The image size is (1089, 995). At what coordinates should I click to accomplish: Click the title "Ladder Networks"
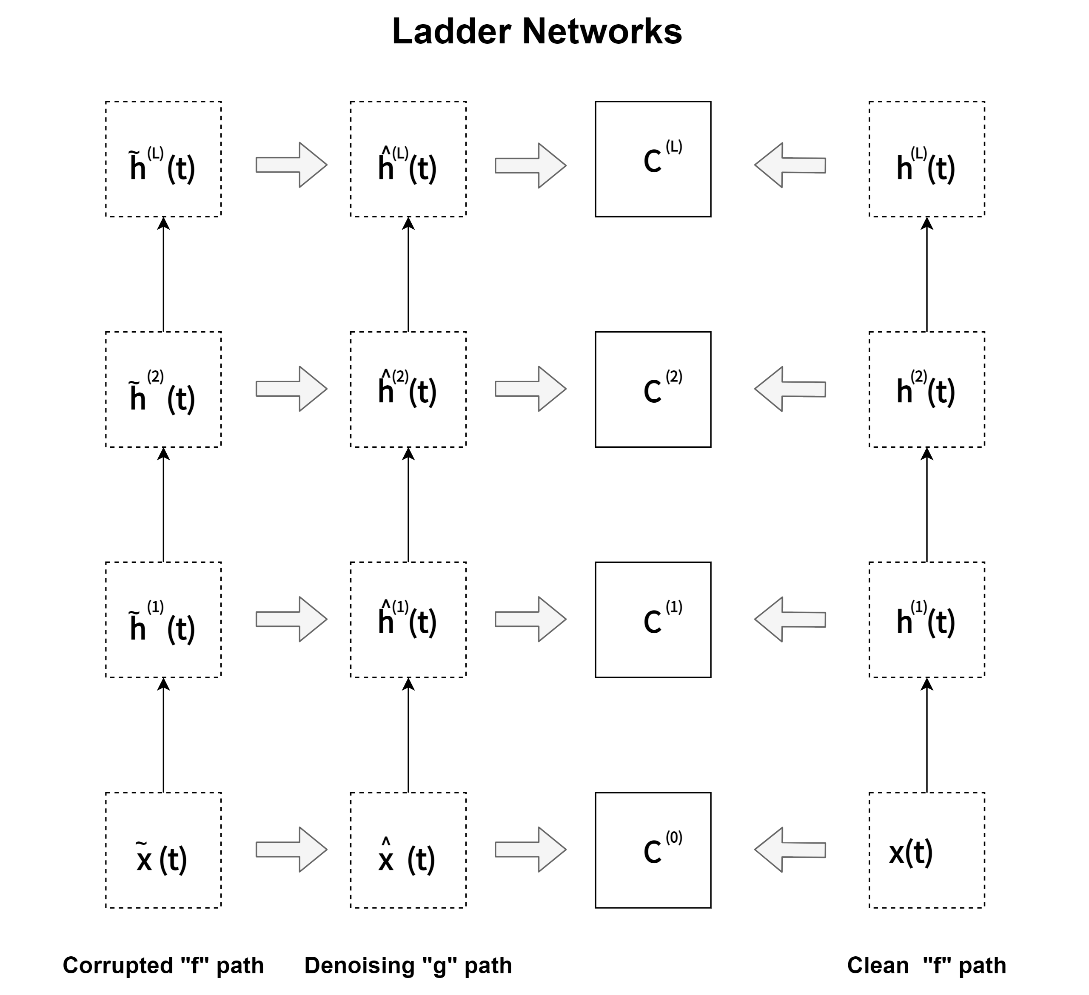537,31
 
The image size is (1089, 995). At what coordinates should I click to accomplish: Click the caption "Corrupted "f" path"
163,966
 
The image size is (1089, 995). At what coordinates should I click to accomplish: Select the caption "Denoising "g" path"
408,966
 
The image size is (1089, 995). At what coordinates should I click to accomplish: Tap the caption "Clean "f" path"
927,966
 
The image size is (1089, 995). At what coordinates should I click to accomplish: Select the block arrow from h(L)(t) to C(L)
790,165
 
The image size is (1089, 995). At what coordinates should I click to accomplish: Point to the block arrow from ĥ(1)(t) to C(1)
530,619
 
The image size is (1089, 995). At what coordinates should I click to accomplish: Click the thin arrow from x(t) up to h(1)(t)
927,735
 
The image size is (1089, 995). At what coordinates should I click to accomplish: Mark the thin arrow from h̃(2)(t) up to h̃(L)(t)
163,274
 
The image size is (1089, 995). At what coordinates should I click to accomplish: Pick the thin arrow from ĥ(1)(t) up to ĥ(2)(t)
408,505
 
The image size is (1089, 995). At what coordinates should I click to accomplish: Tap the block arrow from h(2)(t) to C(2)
790,389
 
